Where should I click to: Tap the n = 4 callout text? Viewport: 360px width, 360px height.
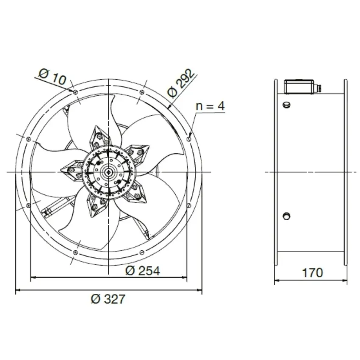[x=210, y=106]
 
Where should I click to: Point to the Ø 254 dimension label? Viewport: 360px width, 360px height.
[x=143, y=271]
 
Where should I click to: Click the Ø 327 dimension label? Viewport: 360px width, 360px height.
[x=108, y=299]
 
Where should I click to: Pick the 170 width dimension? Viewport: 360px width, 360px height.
[x=313, y=273]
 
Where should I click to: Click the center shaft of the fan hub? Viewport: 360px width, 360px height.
[x=108, y=172]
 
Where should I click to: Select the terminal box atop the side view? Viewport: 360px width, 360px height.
[x=299, y=86]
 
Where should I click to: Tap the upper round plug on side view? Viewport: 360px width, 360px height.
[x=286, y=105]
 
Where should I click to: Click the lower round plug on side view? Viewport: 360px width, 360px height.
[x=286, y=216]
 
